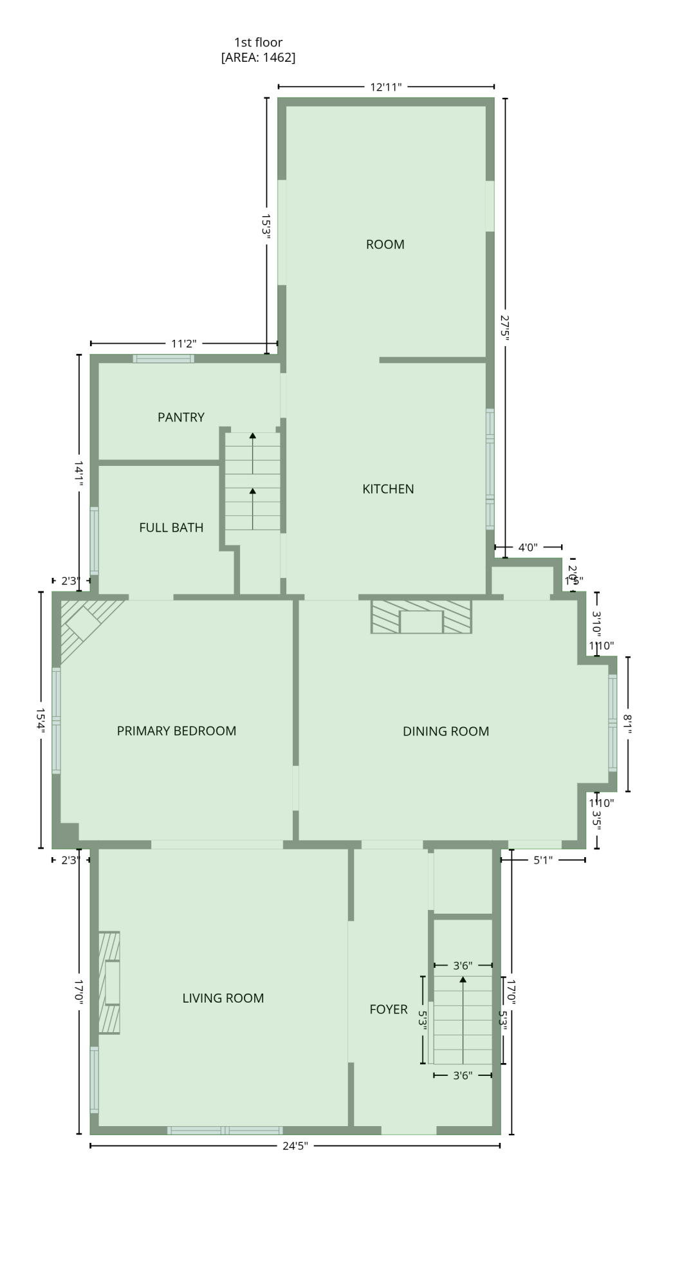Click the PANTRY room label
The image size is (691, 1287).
tap(181, 418)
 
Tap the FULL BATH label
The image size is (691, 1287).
tap(171, 528)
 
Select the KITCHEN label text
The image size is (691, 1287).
tap(388, 489)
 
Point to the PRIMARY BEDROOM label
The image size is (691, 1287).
tap(176, 731)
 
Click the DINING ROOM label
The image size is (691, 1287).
tap(446, 732)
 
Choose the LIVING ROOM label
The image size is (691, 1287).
tap(223, 998)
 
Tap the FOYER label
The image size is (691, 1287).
tap(389, 1009)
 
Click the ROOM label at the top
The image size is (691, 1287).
tap(385, 245)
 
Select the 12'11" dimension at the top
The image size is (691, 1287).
tap(386, 87)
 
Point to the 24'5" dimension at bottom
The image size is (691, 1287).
tap(295, 1145)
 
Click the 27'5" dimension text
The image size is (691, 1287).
tap(505, 326)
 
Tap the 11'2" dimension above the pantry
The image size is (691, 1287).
tap(184, 344)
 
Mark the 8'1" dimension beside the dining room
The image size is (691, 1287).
tap(628, 724)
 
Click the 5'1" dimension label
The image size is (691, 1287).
tap(543, 860)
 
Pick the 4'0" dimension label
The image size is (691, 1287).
tap(528, 548)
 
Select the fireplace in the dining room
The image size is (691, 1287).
tap(421, 617)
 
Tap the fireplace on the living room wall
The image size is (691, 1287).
tap(110, 983)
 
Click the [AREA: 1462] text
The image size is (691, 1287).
tap(258, 58)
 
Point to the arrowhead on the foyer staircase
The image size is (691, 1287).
tap(463, 979)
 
